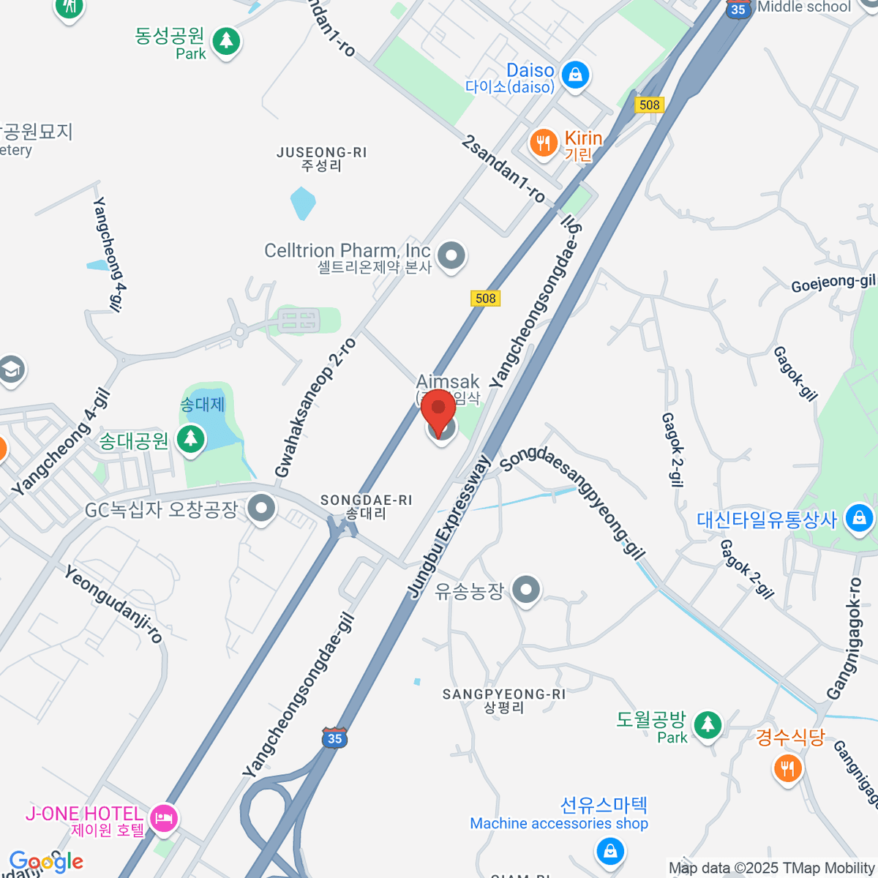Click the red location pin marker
tap(439, 410)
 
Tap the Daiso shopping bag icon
tap(576, 74)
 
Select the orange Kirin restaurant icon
tap(543, 142)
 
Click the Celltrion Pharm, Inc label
tap(347, 251)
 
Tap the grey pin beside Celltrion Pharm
tap(451, 256)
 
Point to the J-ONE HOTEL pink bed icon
tap(162, 817)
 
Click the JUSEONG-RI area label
tap(322, 153)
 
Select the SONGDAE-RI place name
tap(366, 500)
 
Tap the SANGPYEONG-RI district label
tap(503, 694)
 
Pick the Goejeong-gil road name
tap(833, 283)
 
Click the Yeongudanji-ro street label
tap(113, 604)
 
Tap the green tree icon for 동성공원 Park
tap(226, 40)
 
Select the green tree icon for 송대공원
tap(191, 439)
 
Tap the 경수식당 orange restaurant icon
tap(788, 768)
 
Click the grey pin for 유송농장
tap(526, 589)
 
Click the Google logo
tap(46, 862)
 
